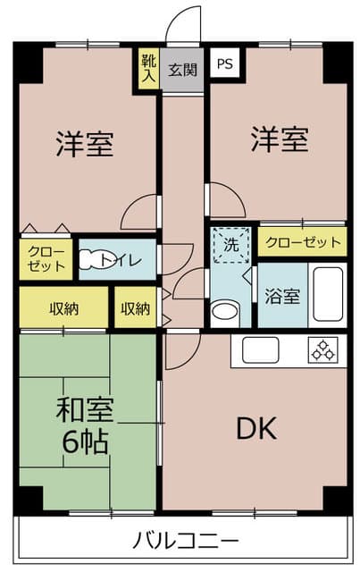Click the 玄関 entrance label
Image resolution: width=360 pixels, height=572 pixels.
point(185,70)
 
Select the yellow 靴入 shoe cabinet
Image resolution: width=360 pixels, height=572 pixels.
point(147,70)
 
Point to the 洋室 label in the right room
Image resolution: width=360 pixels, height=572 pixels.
point(279,139)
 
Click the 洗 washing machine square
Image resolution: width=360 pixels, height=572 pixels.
point(231,244)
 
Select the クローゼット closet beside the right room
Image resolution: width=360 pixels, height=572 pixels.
point(302,241)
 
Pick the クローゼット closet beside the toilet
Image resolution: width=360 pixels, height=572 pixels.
point(46,257)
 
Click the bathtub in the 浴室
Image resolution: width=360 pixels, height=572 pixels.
point(327,295)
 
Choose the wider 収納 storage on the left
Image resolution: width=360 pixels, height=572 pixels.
point(63,308)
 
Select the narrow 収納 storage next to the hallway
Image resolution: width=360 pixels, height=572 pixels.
point(135,308)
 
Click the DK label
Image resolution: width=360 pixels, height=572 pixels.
point(255,429)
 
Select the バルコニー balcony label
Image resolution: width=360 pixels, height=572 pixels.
point(186,541)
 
